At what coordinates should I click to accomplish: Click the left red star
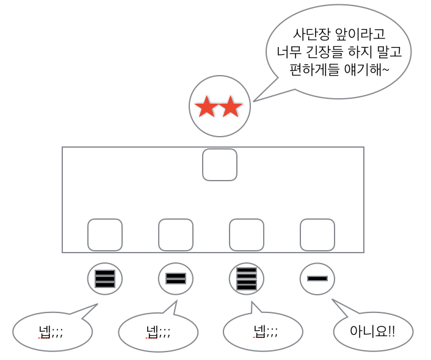pyautogui.click(x=206, y=107)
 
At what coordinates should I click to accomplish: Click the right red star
pyautogui.click(x=231, y=107)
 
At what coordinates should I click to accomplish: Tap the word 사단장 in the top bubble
pyautogui.click(x=311, y=34)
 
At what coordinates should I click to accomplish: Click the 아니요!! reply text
pyautogui.click(x=372, y=331)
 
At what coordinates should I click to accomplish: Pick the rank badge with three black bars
pyautogui.click(x=105, y=279)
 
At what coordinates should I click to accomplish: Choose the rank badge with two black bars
pyautogui.click(x=176, y=279)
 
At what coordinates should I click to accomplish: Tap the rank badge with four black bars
pyautogui.click(x=247, y=279)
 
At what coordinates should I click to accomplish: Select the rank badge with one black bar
pyautogui.click(x=317, y=279)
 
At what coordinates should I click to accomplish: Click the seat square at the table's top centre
pyautogui.click(x=220, y=165)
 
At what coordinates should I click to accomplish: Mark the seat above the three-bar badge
pyautogui.click(x=105, y=235)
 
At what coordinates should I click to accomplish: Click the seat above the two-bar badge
pyautogui.click(x=176, y=235)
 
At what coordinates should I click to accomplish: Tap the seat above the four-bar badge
pyautogui.click(x=247, y=235)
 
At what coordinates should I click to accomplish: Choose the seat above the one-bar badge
pyautogui.click(x=317, y=235)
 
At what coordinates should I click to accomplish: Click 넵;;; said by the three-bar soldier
pyautogui.click(x=51, y=332)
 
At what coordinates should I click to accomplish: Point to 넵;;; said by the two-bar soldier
pyautogui.click(x=158, y=332)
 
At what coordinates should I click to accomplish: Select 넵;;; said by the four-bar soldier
pyautogui.click(x=266, y=332)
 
